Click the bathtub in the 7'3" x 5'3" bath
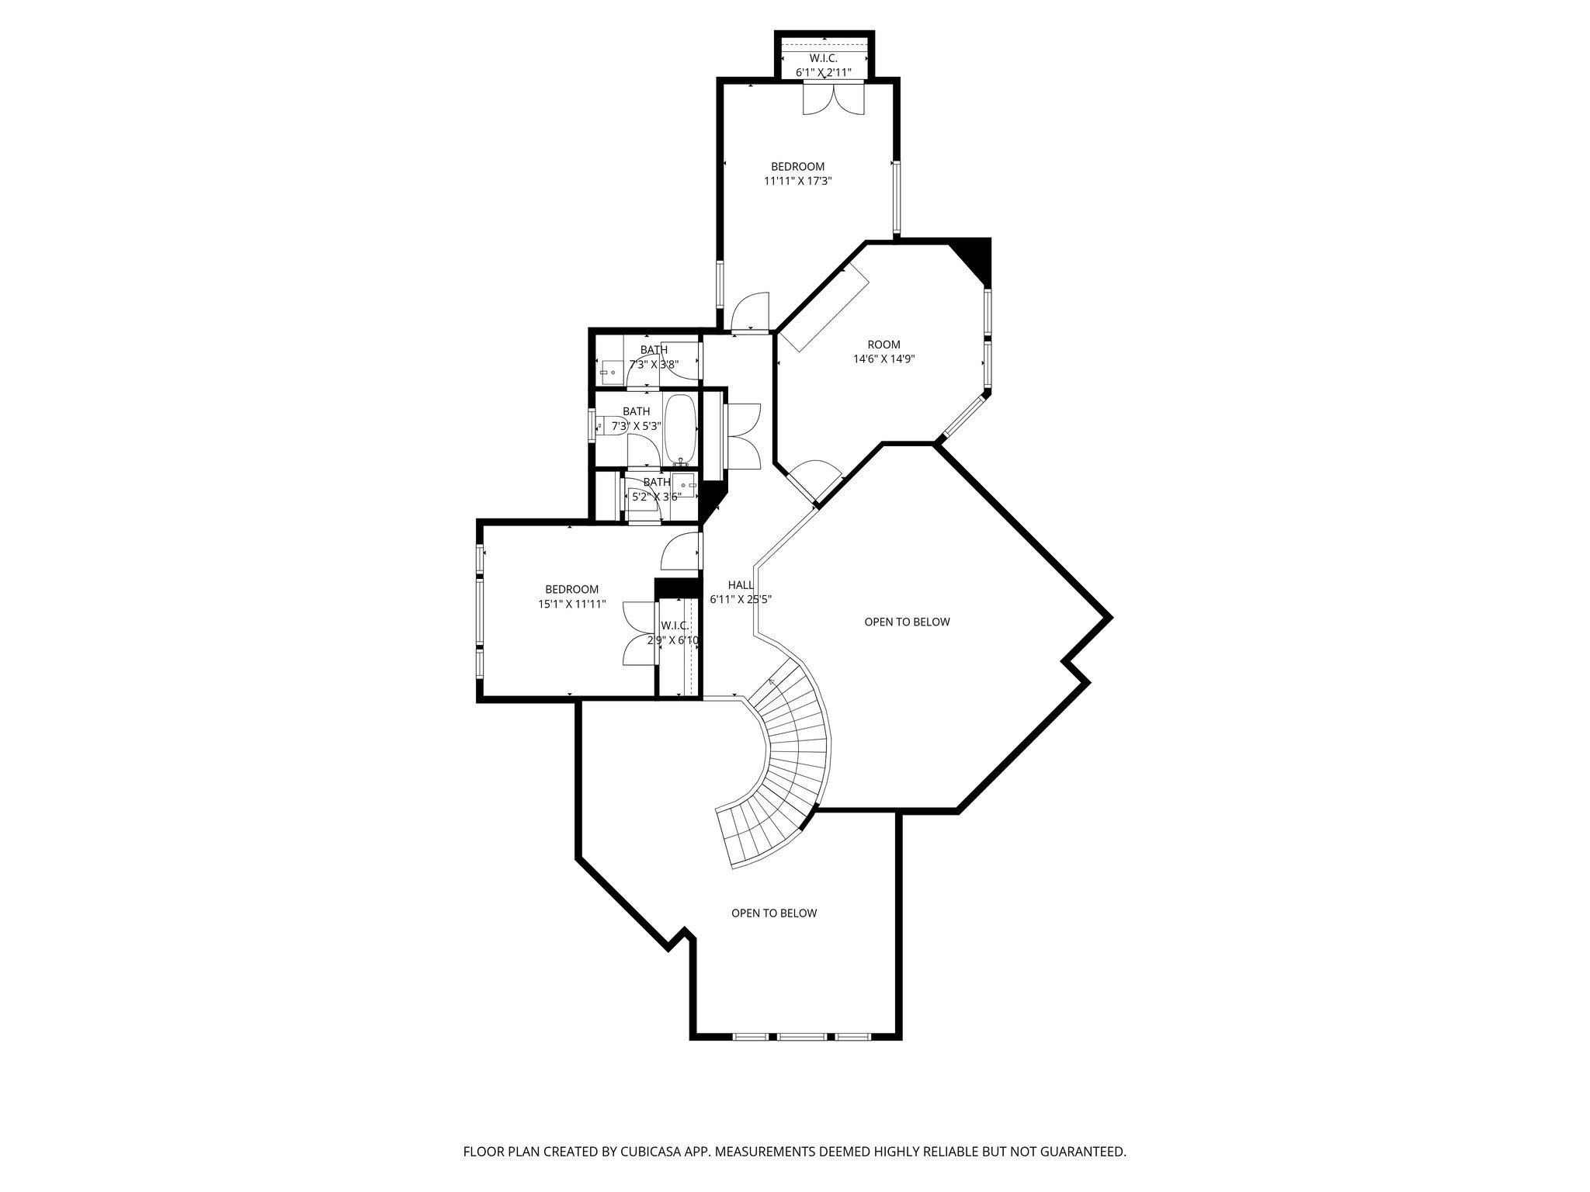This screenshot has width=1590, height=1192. (x=681, y=428)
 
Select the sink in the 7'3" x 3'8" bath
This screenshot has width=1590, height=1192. (x=609, y=372)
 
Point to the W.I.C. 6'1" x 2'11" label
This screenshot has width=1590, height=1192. (x=824, y=65)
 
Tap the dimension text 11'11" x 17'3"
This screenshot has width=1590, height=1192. (x=797, y=181)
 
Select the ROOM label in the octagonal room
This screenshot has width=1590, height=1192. (x=884, y=345)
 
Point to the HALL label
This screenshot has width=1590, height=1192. (x=740, y=585)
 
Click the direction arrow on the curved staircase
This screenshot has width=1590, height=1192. (x=773, y=683)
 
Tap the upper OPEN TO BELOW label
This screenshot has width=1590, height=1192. (x=907, y=622)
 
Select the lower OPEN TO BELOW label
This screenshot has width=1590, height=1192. (x=773, y=913)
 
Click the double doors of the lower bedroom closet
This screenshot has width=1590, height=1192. (x=639, y=633)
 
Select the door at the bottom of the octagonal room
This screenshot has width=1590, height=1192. (x=814, y=482)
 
